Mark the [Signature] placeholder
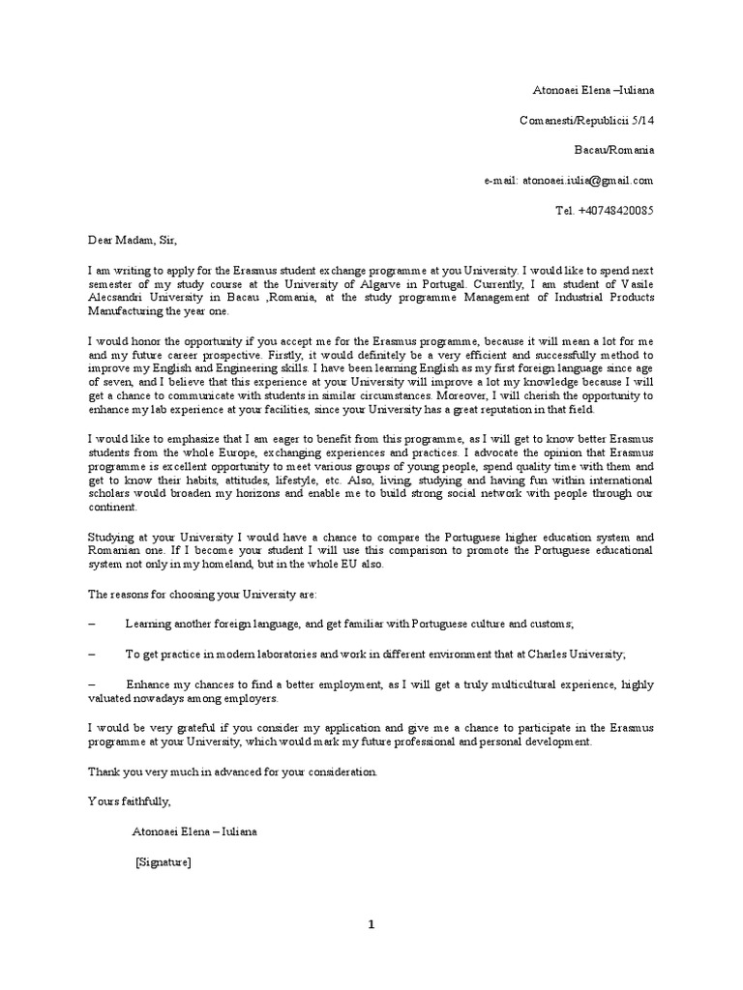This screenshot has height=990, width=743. click(x=163, y=862)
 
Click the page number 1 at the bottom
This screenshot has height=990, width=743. click(x=371, y=925)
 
